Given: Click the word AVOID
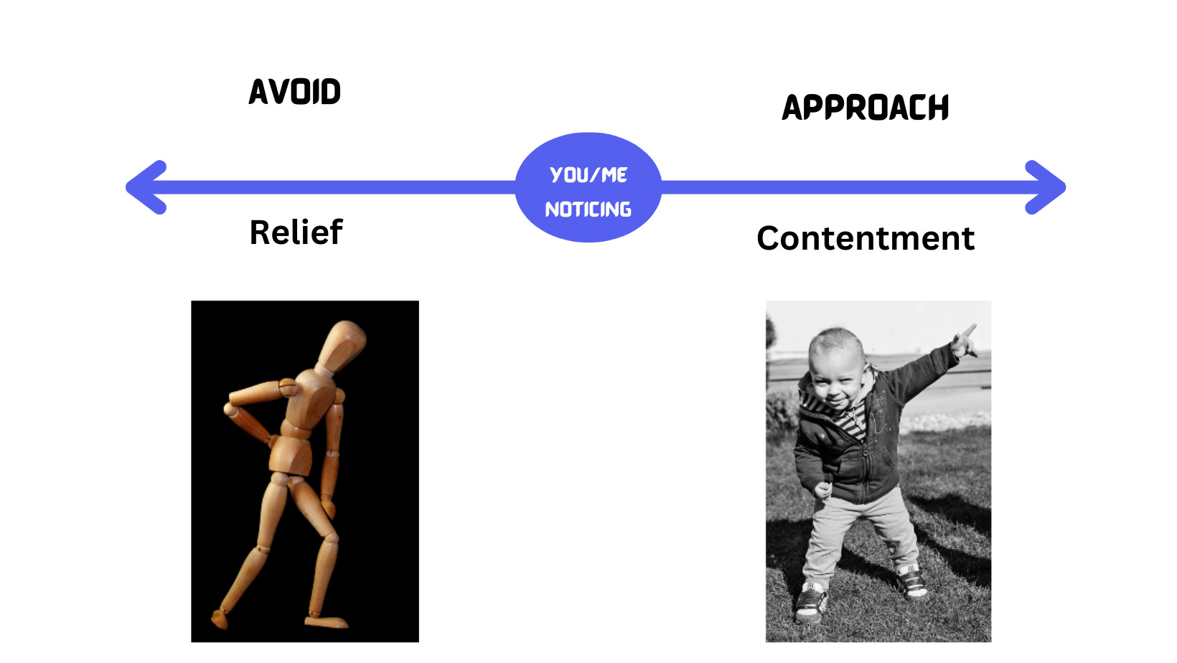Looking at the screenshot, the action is pos(294,92).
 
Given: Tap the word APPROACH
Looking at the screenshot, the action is pos(865,108).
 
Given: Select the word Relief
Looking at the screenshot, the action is pos(296,232).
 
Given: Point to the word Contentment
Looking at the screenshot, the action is pos(866,238).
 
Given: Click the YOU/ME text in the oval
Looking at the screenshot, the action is pos(588,174).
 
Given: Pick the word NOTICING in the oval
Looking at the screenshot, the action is pos(588,210).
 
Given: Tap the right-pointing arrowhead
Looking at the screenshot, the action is pos(1046,187).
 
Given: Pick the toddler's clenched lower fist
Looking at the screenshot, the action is pos(822,489).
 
